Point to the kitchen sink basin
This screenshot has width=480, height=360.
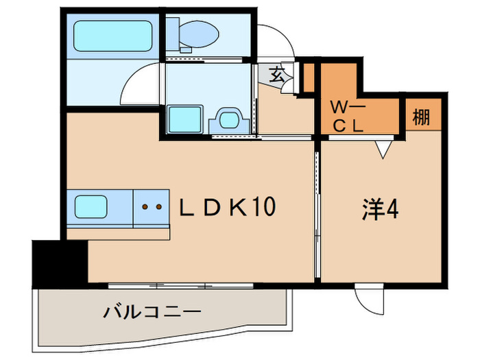tap(95, 206)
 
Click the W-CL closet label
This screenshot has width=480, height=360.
tap(350, 117)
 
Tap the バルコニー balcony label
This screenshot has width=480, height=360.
tap(152, 313)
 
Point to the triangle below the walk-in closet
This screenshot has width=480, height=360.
tap(385, 148)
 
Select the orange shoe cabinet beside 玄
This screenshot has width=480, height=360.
tap(309, 77)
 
